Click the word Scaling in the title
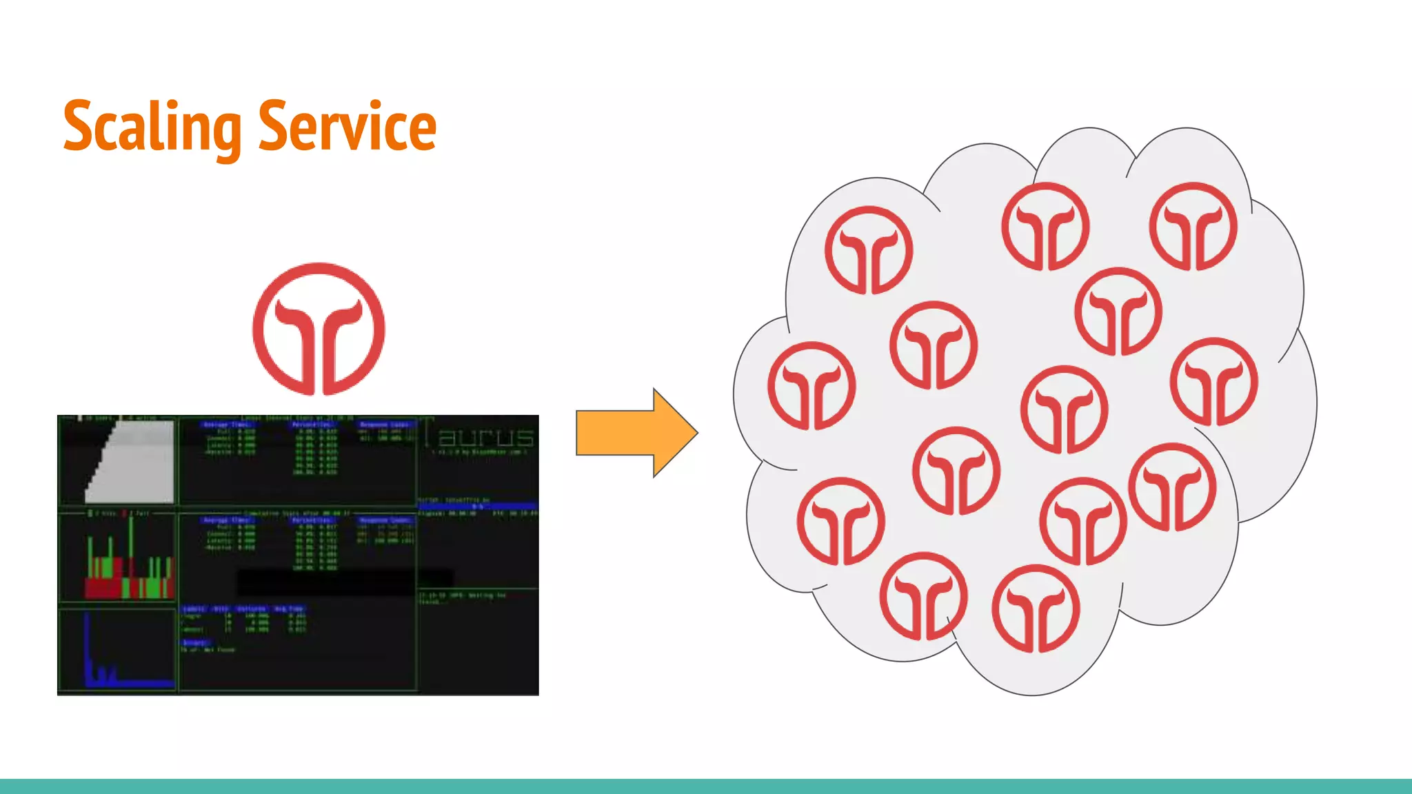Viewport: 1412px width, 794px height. [152, 128]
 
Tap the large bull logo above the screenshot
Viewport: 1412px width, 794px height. [319, 329]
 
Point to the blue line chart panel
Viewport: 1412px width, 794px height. [117, 651]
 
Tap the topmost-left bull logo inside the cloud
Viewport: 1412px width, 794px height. [869, 250]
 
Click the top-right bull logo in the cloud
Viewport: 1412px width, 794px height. [1193, 226]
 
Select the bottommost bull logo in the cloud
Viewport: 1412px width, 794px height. [1036, 609]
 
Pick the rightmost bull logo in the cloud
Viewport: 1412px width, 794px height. [1213, 381]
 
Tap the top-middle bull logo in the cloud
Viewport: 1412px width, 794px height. [1045, 226]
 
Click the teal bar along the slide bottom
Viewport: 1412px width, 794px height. [706, 786]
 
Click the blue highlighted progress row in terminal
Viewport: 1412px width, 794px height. [477, 506]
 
